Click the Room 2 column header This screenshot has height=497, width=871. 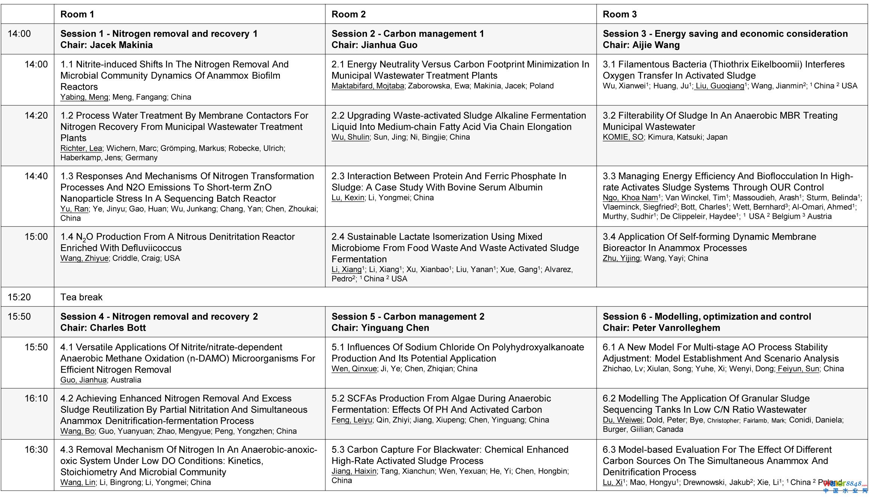point(348,14)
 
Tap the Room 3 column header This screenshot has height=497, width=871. point(619,14)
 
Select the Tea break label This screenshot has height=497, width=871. point(81,297)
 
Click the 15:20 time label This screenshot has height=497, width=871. point(19,297)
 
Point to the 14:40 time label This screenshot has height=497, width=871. point(36,176)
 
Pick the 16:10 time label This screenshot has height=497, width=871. point(36,398)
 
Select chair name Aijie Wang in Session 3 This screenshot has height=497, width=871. point(656,45)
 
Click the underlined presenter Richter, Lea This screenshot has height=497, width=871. point(81,148)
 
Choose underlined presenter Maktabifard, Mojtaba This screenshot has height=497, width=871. point(368,86)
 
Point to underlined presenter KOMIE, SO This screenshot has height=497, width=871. point(623,137)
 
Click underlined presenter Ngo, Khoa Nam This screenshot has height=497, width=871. point(630,198)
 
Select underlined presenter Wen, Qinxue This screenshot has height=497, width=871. point(354,369)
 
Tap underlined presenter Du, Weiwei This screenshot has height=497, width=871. point(622,420)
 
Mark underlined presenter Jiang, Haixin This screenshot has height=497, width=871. point(354,471)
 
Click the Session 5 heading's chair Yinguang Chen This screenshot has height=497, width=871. point(395,328)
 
